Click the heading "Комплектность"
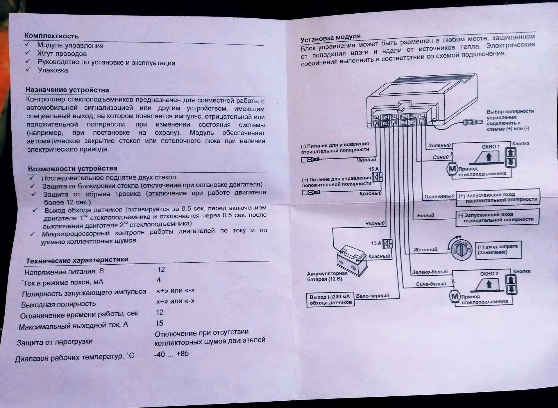(51, 36)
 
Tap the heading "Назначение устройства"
(67, 90)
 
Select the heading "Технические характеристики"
(77, 260)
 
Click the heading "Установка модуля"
(330, 38)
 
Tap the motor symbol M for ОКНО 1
(452, 169)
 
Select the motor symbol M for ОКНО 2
(455, 296)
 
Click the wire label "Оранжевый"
(439, 196)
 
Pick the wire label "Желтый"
(425, 250)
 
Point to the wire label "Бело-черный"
(372, 296)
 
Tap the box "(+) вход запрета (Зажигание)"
(498, 250)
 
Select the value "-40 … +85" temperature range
(171, 354)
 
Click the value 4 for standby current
(159, 280)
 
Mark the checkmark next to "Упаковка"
(28, 70)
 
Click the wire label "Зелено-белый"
(430, 272)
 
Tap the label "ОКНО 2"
(489, 274)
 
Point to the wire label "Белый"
(425, 215)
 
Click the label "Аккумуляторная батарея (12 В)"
(327, 276)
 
